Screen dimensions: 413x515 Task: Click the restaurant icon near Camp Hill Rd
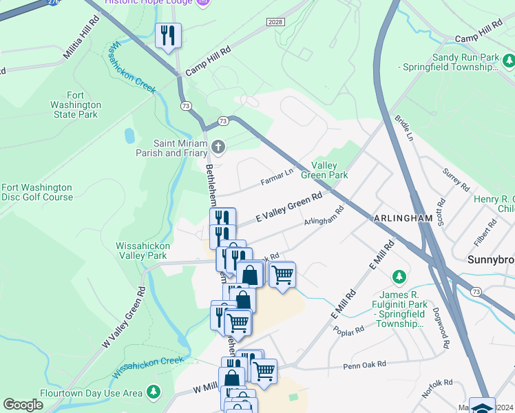pyautogui.click(x=168, y=35)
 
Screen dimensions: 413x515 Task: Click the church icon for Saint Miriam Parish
pyautogui.click(x=218, y=146)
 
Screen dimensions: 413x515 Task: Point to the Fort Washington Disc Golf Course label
pyautogui.click(x=37, y=192)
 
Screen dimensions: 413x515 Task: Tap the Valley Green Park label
pyautogui.click(x=329, y=170)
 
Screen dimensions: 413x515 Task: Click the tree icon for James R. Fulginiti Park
pyautogui.click(x=398, y=277)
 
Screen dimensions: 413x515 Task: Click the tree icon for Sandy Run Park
pyautogui.click(x=509, y=62)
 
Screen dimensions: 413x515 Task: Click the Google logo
pyautogui.click(x=23, y=405)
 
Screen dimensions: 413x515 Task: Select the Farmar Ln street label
pyautogui.click(x=277, y=178)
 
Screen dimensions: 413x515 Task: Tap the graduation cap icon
pyautogui.click(x=482, y=405)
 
